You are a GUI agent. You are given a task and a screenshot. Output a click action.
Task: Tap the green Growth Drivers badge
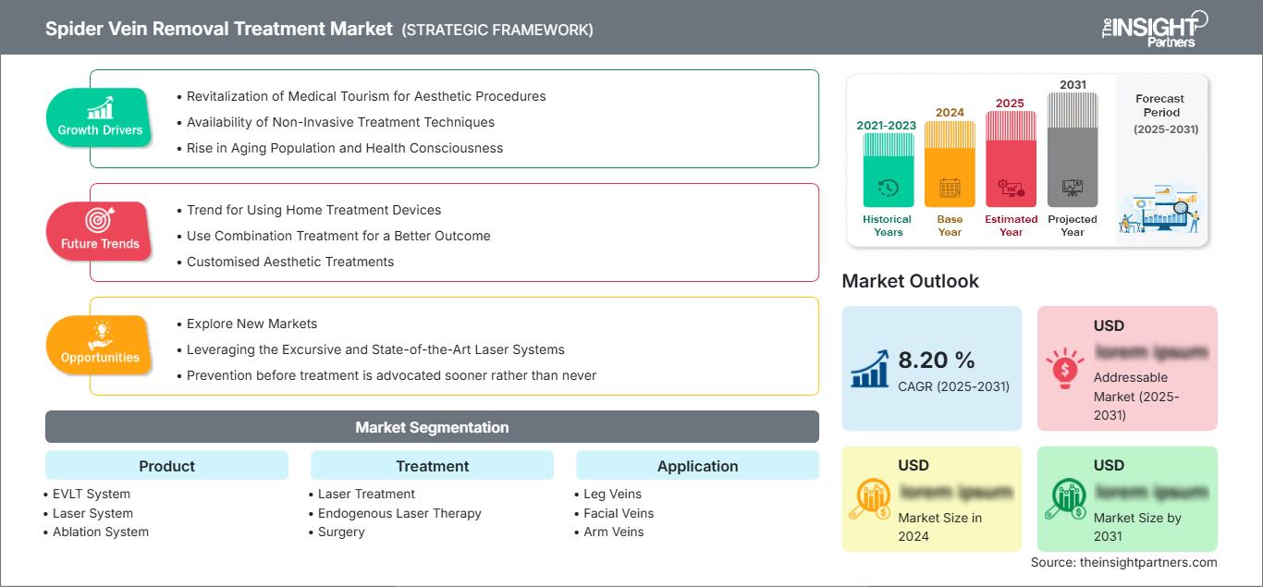click(100, 118)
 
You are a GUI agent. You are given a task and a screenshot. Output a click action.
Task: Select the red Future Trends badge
click(100, 232)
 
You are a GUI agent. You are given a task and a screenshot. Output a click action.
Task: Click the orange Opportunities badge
click(100, 346)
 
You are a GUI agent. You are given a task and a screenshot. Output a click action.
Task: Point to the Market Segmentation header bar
click(432, 427)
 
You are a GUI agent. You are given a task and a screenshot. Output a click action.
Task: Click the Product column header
click(166, 466)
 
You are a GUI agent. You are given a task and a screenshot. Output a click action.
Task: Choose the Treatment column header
click(432, 466)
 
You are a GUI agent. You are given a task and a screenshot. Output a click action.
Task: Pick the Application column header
click(697, 466)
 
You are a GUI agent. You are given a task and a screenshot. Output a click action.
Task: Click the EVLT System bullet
click(90, 494)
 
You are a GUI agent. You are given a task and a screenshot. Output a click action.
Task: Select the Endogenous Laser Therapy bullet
click(399, 513)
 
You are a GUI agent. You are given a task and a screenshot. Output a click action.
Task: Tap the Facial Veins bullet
click(619, 513)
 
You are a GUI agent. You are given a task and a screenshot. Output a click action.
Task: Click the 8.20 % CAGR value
click(938, 361)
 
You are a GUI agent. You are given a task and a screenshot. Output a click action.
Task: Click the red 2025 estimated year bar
click(1011, 158)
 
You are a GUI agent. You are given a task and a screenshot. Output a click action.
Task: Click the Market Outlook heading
click(910, 281)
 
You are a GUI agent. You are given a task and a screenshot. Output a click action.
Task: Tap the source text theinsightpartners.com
click(1123, 562)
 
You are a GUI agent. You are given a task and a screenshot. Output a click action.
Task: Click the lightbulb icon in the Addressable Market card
click(1065, 367)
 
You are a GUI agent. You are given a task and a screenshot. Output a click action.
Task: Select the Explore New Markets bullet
click(251, 324)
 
